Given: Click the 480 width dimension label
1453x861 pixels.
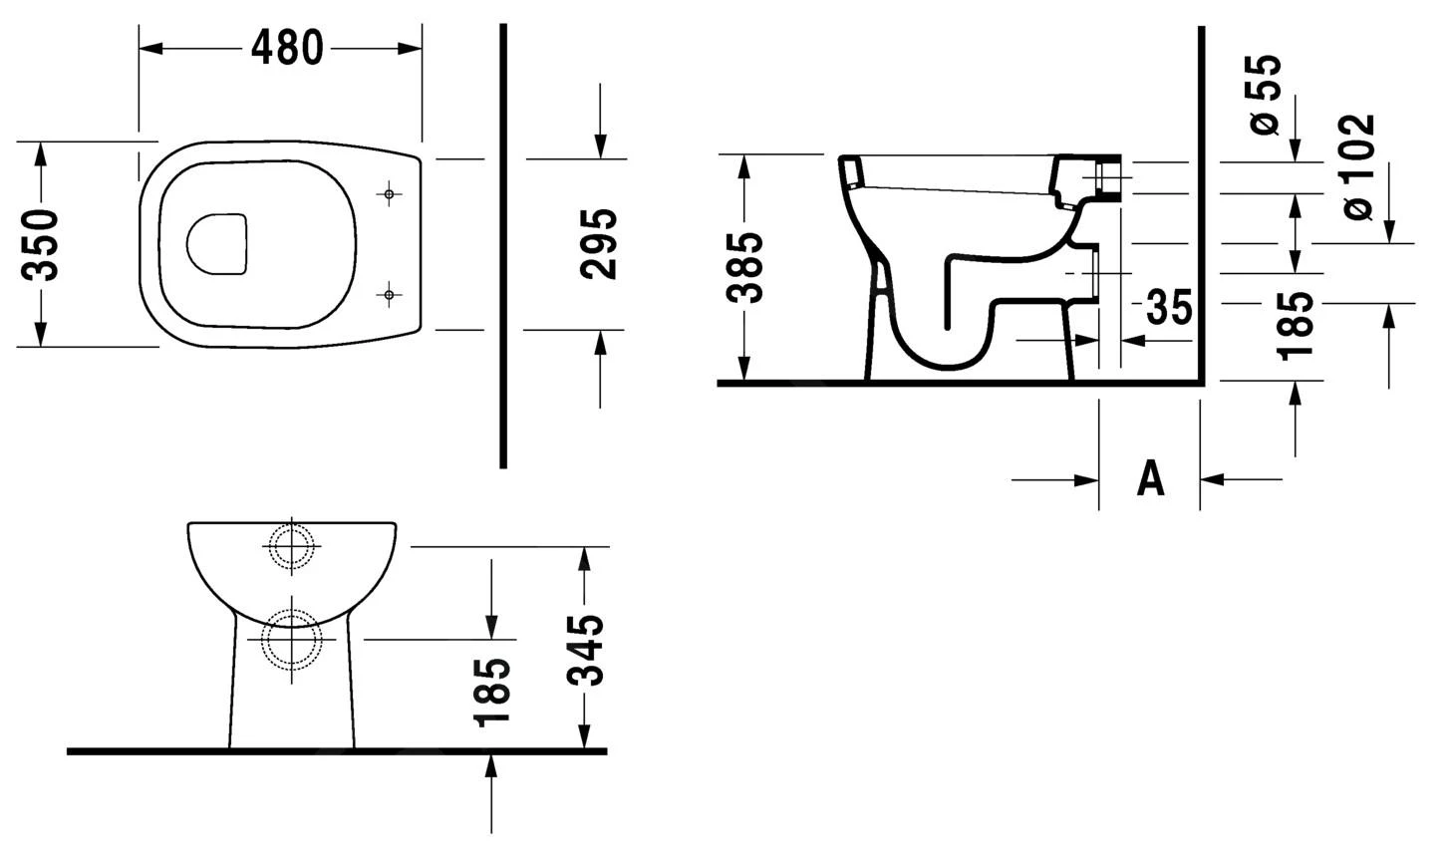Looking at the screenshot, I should (286, 47).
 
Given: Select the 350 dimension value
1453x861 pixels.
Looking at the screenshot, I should (42, 244).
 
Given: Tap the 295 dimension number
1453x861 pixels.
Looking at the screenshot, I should (599, 244).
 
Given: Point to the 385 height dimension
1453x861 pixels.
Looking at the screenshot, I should (745, 267).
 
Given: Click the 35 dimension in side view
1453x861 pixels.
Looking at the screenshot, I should (1168, 308).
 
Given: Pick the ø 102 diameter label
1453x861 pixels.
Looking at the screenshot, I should (1357, 167).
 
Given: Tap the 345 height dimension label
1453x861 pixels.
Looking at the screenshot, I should (587, 650).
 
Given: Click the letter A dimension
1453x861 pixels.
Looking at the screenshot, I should (1150, 479).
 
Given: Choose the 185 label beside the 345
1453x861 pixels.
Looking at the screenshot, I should (492, 692).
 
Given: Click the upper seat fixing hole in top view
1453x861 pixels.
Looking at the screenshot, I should (390, 194).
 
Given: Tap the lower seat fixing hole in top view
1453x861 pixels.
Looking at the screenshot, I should (390, 294).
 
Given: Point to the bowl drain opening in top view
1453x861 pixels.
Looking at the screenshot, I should (216, 243).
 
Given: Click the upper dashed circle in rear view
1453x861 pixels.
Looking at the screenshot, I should (290, 546).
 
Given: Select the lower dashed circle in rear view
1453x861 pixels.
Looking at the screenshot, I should (291, 639).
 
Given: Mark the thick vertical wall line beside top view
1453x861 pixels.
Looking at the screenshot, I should (503, 245).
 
